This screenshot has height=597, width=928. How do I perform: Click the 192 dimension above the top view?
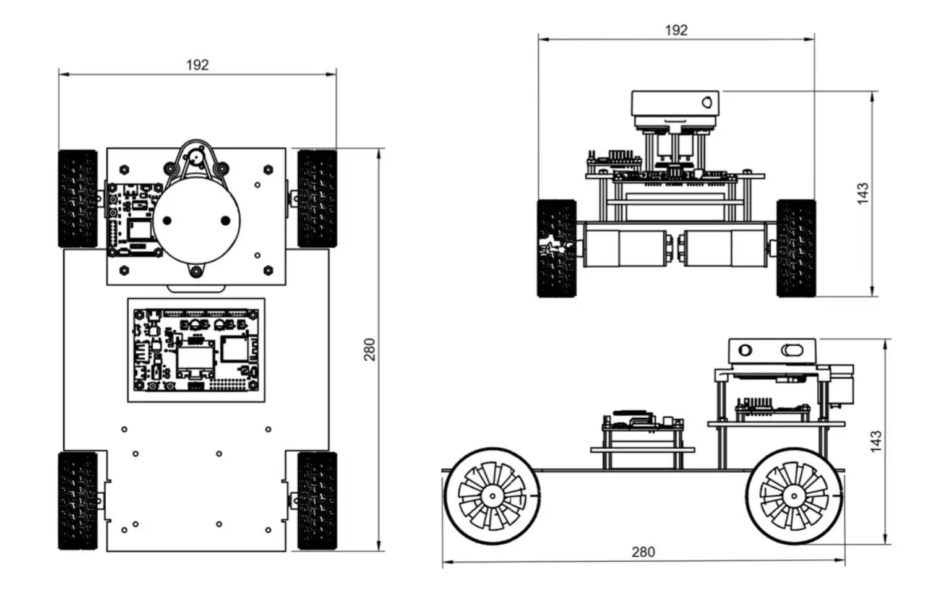[197, 66]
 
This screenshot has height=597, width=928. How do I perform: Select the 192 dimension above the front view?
[676, 30]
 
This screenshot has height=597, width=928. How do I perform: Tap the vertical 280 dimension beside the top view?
[369, 350]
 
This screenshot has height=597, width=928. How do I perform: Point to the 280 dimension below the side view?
[643, 552]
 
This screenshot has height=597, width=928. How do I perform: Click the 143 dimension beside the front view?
[863, 194]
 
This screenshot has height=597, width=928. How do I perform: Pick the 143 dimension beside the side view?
[876, 442]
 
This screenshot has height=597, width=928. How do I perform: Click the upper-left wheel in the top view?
[78, 199]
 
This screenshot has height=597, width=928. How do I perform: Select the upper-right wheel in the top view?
[317, 199]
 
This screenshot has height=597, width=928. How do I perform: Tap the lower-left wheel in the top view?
[78, 501]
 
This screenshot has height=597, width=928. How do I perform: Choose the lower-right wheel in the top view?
[317, 501]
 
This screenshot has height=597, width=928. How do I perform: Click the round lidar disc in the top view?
[196, 221]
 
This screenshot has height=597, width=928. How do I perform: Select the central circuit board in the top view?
[196, 350]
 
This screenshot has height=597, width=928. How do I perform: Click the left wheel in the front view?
[557, 249]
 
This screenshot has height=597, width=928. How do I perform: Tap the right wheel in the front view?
[796, 249]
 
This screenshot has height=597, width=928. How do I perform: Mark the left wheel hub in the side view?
[492, 496]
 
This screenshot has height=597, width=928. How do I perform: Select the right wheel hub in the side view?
[794, 496]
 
